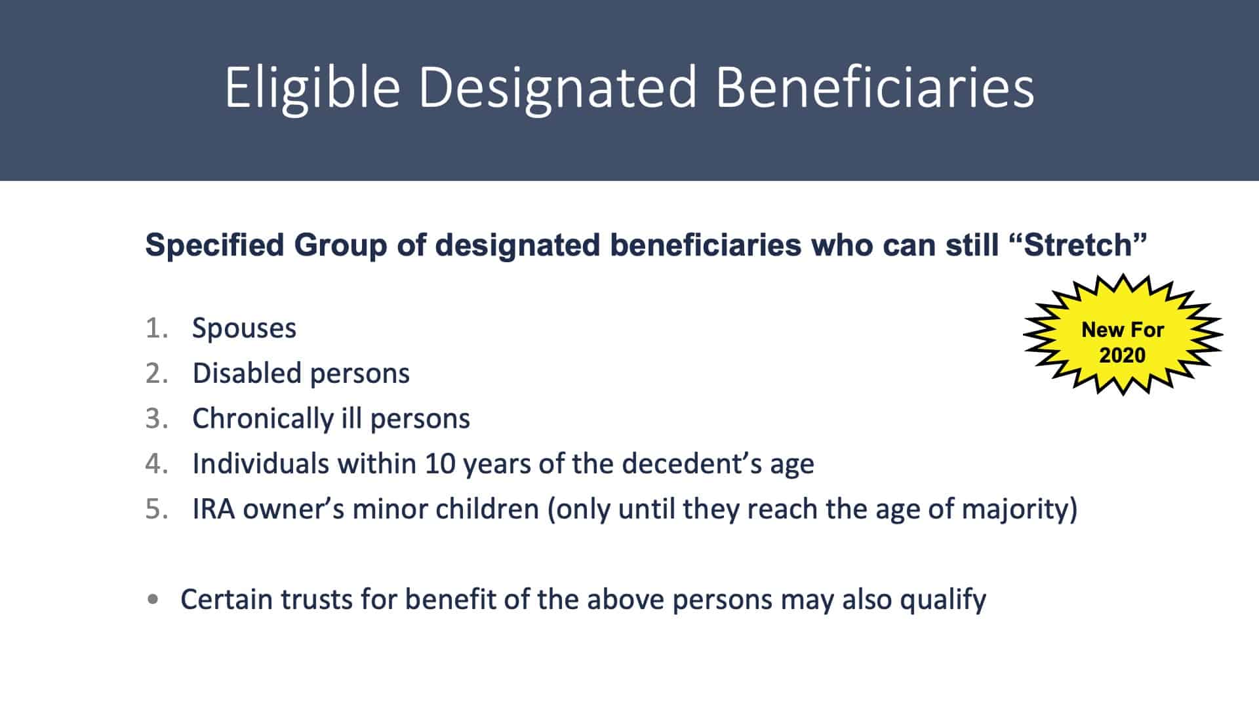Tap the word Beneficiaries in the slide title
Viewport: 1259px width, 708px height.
875,87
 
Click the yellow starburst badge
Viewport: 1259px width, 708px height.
1123,335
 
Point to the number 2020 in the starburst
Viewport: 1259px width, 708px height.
1122,355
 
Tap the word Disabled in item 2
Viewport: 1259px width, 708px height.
247,373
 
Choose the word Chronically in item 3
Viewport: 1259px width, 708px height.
263,419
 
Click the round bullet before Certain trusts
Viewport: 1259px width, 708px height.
153,599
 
